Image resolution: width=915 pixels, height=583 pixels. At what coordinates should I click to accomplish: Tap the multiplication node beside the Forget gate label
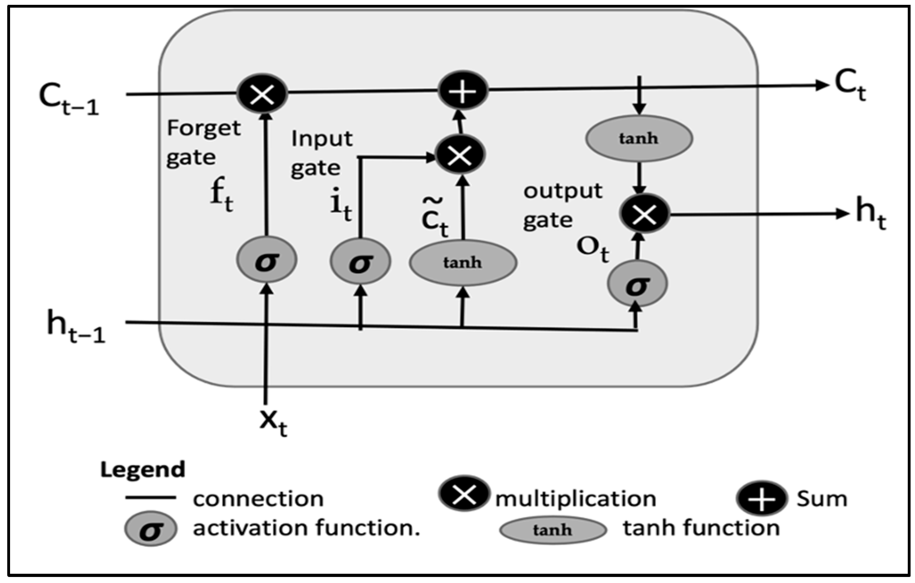[262, 93]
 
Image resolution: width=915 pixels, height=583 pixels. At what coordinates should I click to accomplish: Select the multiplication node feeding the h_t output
[644, 214]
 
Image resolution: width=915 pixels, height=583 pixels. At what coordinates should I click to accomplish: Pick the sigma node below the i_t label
[360, 261]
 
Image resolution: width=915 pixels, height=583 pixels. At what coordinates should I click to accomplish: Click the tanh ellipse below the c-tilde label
[463, 263]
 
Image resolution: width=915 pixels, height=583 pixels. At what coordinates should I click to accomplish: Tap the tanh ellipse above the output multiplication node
[639, 138]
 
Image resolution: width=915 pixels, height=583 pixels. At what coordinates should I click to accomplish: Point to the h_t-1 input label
[76, 326]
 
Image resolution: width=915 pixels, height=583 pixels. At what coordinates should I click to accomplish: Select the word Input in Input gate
[322, 139]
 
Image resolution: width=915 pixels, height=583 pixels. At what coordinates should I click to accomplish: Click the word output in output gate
[563, 191]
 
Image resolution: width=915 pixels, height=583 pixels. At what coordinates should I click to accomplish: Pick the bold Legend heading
[143, 470]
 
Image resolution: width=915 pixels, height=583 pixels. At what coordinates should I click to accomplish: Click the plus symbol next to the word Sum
[762, 499]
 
